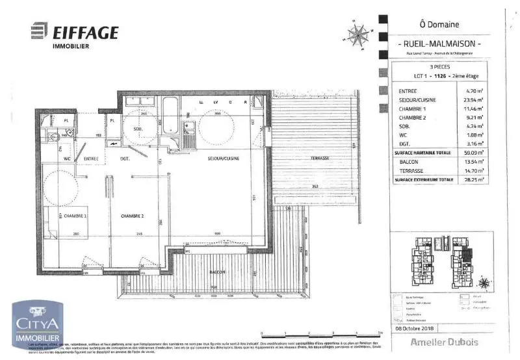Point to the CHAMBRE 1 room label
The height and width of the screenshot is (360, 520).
pos(75,215)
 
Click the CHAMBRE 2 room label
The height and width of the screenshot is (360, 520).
pos(132,215)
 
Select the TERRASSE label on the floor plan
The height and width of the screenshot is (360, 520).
pos(319,158)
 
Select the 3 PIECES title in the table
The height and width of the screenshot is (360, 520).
pos(440,67)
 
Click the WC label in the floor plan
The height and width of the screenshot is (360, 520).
pos(67,158)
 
